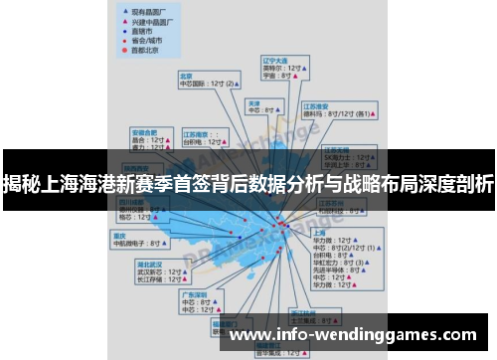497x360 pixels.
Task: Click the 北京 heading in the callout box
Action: coord(186,75)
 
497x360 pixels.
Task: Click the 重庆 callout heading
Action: coord(120,236)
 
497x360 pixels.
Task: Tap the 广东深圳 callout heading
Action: coord(193,294)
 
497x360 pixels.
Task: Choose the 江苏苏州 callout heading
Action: coord(331,202)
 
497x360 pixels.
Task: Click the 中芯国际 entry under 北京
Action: coord(194,84)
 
